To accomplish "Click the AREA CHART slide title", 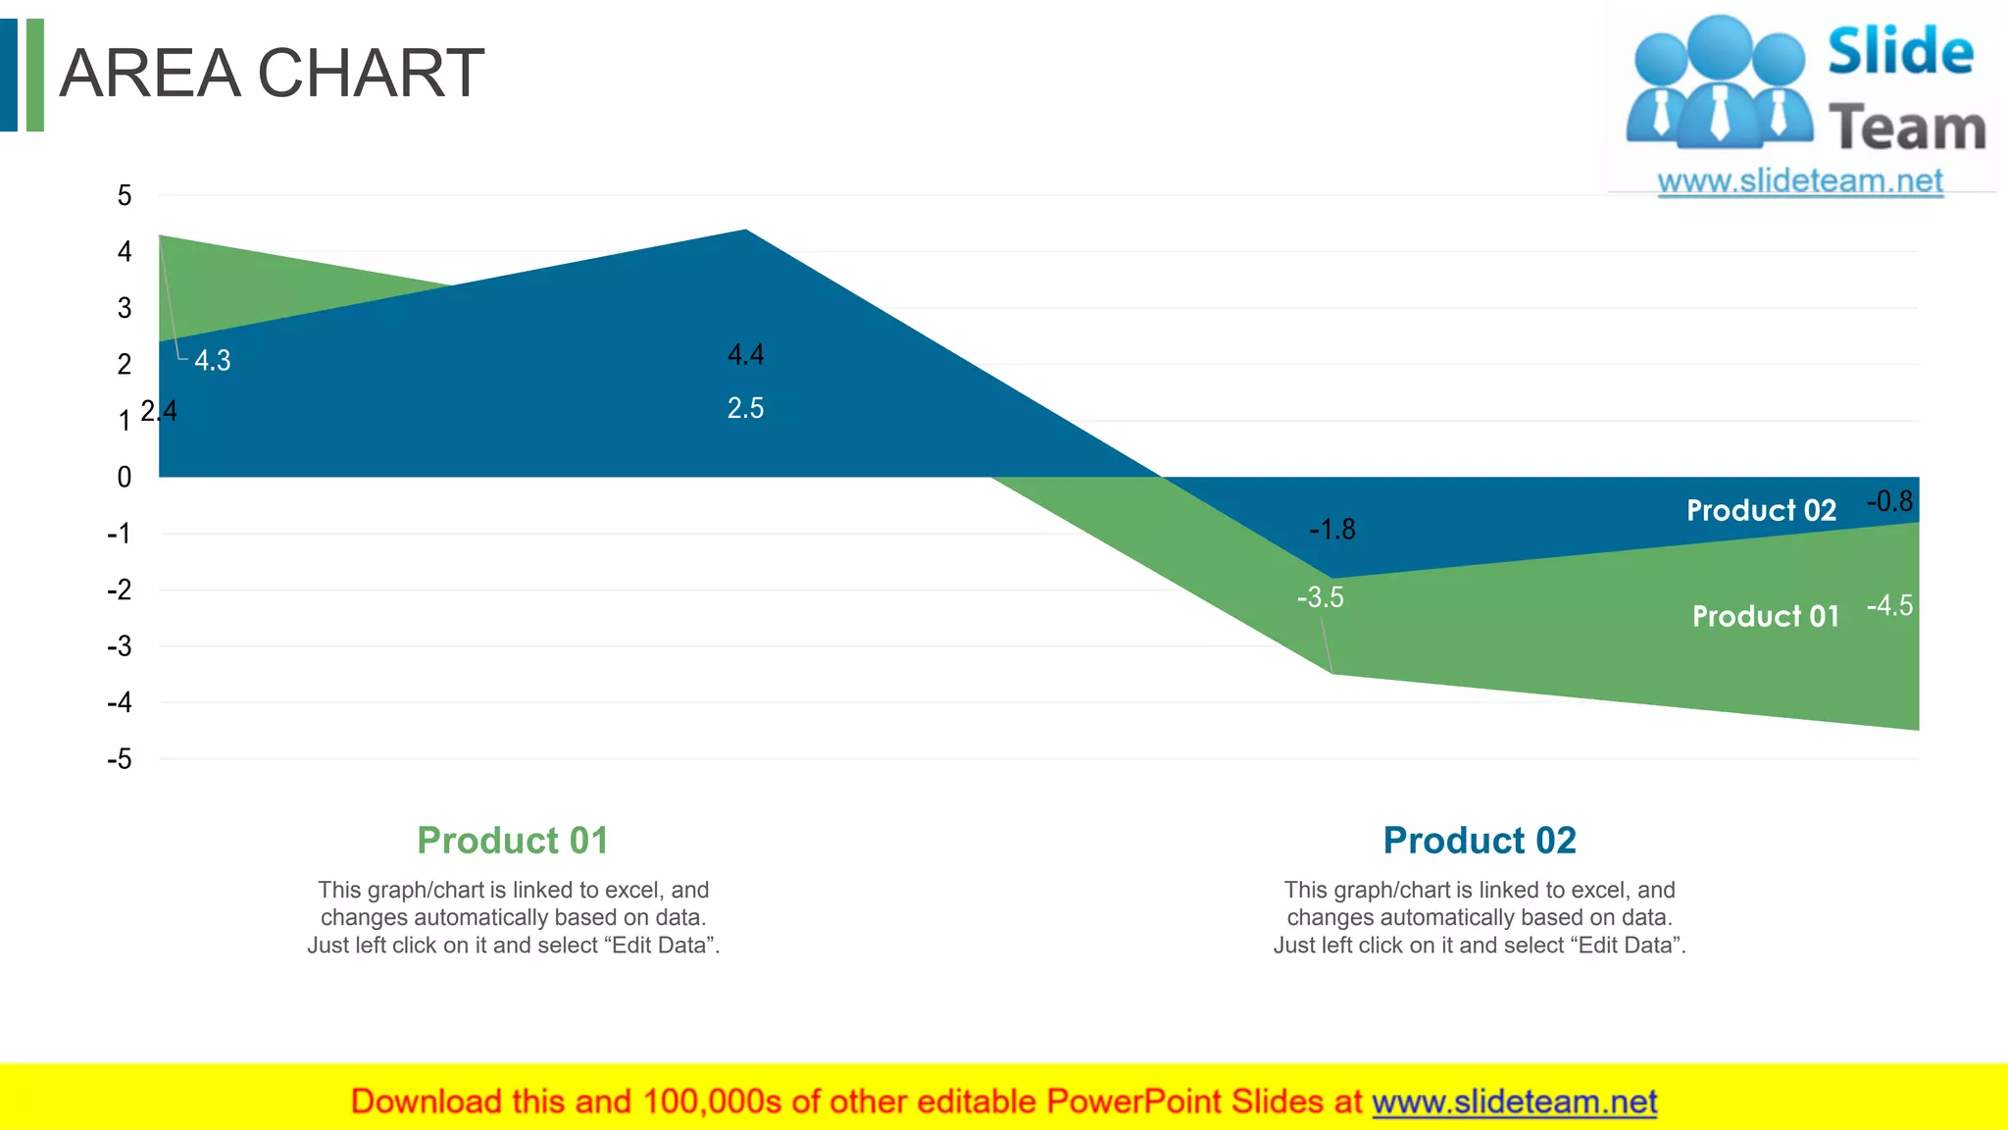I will click(x=272, y=74).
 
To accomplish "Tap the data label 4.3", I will click(x=212, y=360).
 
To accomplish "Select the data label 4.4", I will click(x=745, y=354).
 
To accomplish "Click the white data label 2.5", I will click(x=745, y=408).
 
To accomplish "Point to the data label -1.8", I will click(x=1332, y=530).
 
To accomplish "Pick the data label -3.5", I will click(x=1320, y=597).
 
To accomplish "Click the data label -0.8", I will click(x=1889, y=501).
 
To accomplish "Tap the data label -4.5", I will click(x=1889, y=605).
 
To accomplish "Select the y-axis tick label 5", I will click(x=125, y=195).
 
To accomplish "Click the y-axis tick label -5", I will click(x=120, y=759).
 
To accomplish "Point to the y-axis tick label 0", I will click(x=125, y=478).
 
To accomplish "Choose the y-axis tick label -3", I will click(x=120, y=646).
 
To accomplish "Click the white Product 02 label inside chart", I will click(x=1761, y=510).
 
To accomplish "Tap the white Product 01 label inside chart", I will click(x=1765, y=616).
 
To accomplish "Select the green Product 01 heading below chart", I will click(x=513, y=841).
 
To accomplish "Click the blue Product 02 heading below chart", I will click(x=1480, y=841).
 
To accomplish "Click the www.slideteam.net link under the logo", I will click(x=1800, y=180).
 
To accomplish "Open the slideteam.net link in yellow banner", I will click(x=1514, y=1102).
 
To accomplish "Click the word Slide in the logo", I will click(x=1900, y=51).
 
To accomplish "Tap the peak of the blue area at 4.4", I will click(x=745, y=231).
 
